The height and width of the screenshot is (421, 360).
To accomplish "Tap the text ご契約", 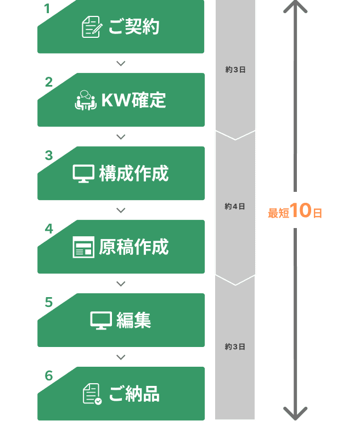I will (133, 27).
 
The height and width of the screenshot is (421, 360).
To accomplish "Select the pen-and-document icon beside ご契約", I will (91, 27).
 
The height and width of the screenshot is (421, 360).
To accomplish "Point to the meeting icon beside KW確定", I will (85, 100).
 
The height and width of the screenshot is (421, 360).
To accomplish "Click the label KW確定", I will (133, 100).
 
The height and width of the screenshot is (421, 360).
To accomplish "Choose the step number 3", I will (49, 156).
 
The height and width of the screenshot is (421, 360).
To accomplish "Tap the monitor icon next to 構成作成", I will (83, 174).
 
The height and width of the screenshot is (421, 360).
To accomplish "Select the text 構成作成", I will (133, 174).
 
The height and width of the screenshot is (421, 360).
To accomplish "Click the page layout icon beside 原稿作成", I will (83, 247).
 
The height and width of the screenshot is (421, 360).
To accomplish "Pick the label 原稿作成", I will (133, 247).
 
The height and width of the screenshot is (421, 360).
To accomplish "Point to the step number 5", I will (49, 303).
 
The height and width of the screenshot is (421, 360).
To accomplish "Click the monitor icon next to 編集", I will (101, 321).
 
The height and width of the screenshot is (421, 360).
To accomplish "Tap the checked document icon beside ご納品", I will (92, 394).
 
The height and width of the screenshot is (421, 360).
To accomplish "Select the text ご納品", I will (133, 394).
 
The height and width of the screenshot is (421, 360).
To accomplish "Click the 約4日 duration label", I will (235, 207).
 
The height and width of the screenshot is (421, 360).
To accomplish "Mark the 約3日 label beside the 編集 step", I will (235, 347).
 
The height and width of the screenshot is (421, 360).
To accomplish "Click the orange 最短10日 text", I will (295, 212).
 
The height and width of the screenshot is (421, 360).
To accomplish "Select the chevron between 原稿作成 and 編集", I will (121, 284).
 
